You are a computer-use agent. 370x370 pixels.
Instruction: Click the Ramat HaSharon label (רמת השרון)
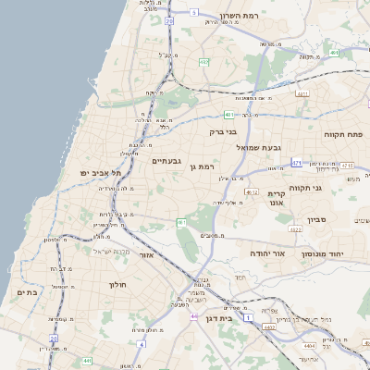point(242,17)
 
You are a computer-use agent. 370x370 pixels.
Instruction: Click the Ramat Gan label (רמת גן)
point(200,166)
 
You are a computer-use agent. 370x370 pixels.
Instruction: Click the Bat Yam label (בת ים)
point(28,291)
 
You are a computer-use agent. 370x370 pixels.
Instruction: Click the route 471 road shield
point(296,162)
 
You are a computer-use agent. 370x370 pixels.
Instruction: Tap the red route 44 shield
point(194,316)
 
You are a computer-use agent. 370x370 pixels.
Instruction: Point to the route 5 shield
point(194,12)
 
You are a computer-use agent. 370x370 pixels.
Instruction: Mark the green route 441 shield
point(86,360)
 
